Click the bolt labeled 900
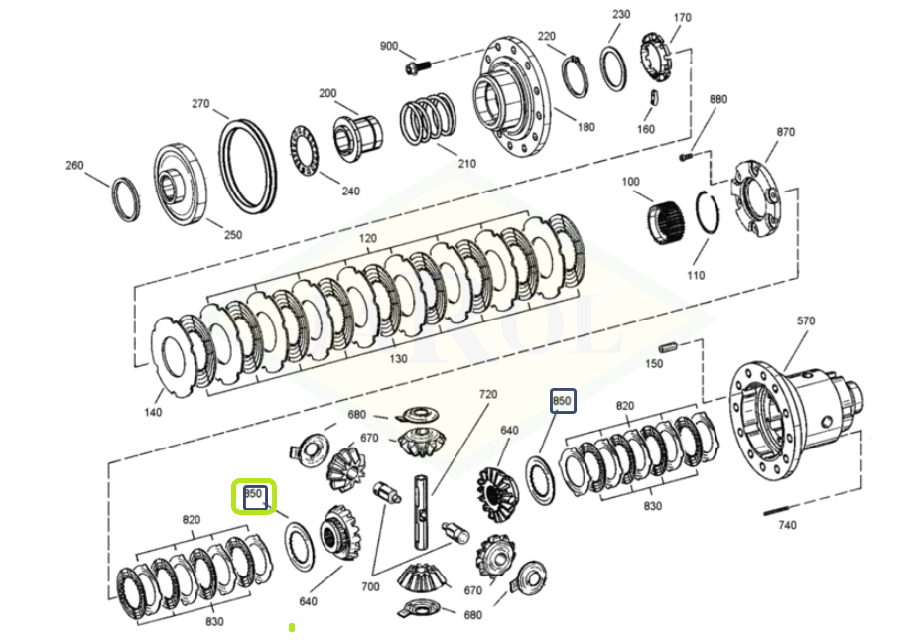coord(418,68)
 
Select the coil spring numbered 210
coord(426,122)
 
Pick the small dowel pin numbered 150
coord(668,347)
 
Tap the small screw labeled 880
coord(684,156)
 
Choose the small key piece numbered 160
coord(654,97)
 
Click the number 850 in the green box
coord(253,494)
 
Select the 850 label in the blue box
coord(562,401)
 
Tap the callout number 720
coord(487,394)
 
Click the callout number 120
coord(368,239)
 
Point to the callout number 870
coord(785,131)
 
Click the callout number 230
coord(621,14)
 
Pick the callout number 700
coord(370,586)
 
